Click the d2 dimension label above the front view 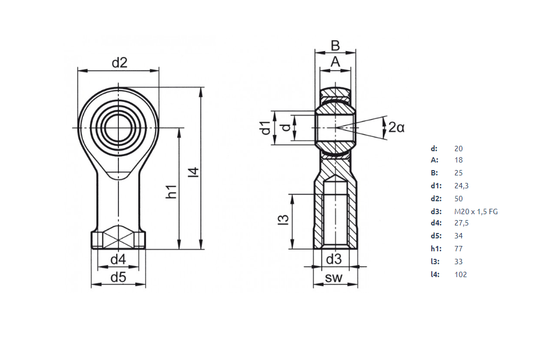120,63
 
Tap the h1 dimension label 171,191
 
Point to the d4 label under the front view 118,260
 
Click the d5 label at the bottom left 118,278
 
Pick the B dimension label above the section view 335,46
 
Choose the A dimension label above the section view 335,62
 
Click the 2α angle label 396,128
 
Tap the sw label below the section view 334,278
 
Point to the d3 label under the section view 334,259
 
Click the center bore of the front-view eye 118,128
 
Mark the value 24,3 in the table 462,186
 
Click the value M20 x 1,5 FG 476,211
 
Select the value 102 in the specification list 461,274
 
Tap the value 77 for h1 459,249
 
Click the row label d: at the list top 434,149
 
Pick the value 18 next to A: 459,160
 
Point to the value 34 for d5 459,236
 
